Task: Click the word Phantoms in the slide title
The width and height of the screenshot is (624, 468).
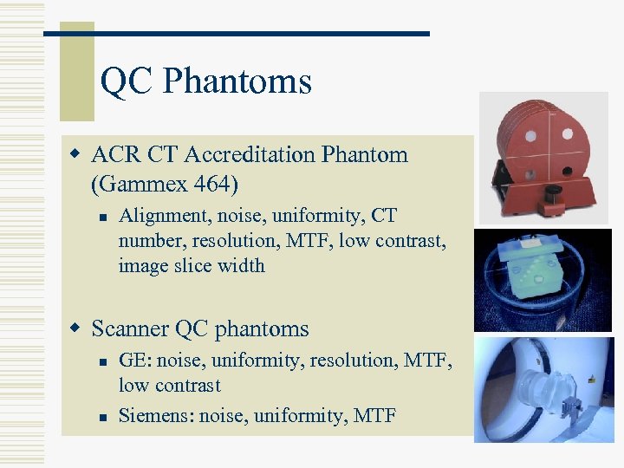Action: point(237,82)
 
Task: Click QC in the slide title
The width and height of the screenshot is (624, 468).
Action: point(127,82)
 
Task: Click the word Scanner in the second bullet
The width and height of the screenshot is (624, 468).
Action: point(130,329)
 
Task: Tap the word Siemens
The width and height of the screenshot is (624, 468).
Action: point(156,416)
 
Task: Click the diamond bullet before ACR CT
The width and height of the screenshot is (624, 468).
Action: point(76,155)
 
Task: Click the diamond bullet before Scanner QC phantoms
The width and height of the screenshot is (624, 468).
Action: point(76,329)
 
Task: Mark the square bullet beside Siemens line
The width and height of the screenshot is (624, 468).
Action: point(102,417)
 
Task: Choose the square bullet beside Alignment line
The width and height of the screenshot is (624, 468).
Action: point(102,216)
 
